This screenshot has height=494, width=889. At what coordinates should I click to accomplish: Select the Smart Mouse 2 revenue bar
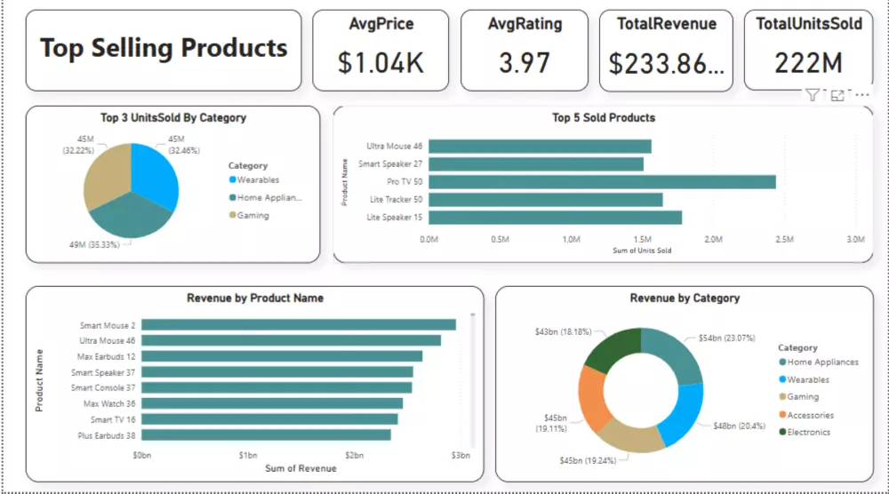(x=299, y=325)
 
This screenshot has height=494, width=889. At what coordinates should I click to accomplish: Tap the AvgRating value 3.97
(x=525, y=63)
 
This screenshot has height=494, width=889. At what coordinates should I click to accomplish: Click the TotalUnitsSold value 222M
(x=808, y=63)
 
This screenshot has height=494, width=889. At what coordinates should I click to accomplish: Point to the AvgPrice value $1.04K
(x=381, y=63)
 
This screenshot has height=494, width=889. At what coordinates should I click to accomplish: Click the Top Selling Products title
(x=164, y=48)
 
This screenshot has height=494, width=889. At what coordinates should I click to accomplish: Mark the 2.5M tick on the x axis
(x=784, y=239)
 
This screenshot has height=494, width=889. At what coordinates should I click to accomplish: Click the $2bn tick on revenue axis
(x=354, y=455)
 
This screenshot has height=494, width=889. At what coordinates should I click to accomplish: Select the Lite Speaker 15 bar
(x=556, y=218)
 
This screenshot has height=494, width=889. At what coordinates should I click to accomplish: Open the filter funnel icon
(x=813, y=95)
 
